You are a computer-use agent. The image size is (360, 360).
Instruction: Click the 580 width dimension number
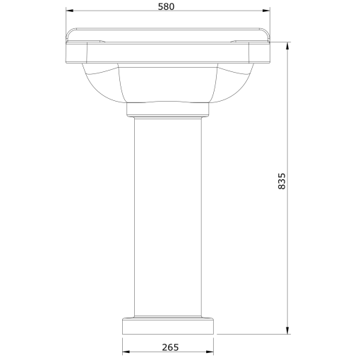click(167, 6)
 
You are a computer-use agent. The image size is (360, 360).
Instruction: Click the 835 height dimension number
click(282, 182)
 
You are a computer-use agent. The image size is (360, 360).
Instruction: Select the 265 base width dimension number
click(169, 347)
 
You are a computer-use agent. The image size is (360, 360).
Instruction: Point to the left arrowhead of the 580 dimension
click(68, 11)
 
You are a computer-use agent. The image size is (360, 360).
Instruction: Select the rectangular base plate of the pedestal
click(168, 327)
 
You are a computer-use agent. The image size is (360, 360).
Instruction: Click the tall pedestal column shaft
click(168, 212)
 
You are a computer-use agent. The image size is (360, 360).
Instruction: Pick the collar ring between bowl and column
click(168, 109)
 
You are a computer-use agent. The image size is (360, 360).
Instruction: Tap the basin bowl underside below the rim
click(168, 83)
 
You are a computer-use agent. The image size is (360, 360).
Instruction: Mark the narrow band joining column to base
click(168, 317)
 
